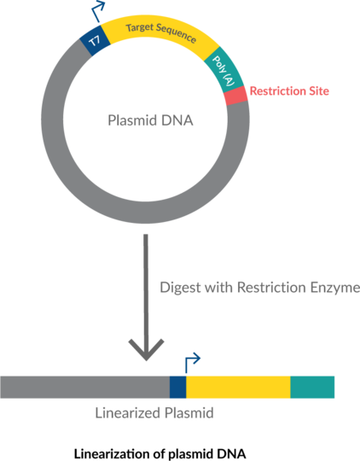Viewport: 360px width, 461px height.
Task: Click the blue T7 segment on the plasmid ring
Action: (x=96, y=41)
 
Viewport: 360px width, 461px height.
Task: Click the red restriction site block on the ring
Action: (x=235, y=96)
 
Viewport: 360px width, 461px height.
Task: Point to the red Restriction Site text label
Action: (x=289, y=91)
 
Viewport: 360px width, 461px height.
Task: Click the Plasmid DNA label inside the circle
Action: (x=150, y=120)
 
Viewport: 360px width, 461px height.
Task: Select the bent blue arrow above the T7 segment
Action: (x=98, y=11)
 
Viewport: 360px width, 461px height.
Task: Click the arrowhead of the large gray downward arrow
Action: (x=146, y=350)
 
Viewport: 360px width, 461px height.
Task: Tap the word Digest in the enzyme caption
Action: (x=181, y=287)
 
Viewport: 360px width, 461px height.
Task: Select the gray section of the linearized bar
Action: (x=85, y=388)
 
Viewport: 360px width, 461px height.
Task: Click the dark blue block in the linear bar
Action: (x=177, y=388)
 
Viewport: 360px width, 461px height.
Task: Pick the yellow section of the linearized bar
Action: (x=238, y=388)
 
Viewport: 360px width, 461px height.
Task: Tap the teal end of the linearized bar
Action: (x=312, y=388)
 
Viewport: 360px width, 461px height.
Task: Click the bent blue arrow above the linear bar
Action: (x=191, y=364)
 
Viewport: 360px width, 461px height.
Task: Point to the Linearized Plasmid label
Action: (x=154, y=413)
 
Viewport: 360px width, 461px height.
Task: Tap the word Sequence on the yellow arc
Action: (x=177, y=33)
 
